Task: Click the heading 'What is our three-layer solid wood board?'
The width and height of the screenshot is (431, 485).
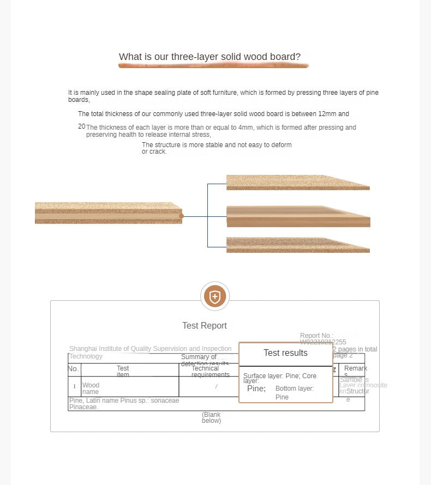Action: pyautogui.click(x=209, y=57)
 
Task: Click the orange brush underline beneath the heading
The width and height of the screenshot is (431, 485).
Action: pyautogui.click(x=213, y=65)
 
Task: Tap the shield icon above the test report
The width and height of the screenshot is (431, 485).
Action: pyautogui.click(x=215, y=297)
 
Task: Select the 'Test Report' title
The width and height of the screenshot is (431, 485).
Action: pyautogui.click(x=205, y=325)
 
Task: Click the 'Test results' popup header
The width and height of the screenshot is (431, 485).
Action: pyautogui.click(x=285, y=353)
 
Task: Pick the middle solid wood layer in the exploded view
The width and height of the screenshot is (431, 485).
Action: pyautogui.click(x=298, y=216)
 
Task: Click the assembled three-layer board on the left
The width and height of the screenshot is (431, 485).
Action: pyautogui.click(x=108, y=213)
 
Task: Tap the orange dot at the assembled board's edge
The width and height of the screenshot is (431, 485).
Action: pyautogui.click(x=181, y=216)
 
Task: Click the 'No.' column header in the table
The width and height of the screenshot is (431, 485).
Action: pyautogui.click(x=73, y=369)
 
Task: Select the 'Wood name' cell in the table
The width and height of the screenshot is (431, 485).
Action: pyautogui.click(x=91, y=388)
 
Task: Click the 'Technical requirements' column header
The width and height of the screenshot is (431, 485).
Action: pyautogui.click(x=210, y=372)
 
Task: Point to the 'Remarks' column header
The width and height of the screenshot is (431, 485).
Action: pyautogui.click(x=356, y=371)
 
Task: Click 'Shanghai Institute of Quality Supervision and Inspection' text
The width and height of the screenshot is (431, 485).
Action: pyautogui.click(x=150, y=349)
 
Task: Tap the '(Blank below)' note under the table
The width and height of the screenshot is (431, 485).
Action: pyautogui.click(x=212, y=417)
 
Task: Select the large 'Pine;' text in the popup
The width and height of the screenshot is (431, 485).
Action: pyautogui.click(x=256, y=389)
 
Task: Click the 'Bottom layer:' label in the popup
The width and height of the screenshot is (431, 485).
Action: pyautogui.click(x=295, y=389)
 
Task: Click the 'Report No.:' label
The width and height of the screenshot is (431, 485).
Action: pyautogui.click(x=316, y=336)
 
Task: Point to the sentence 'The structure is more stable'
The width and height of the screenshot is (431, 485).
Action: pyautogui.click(x=217, y=145)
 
